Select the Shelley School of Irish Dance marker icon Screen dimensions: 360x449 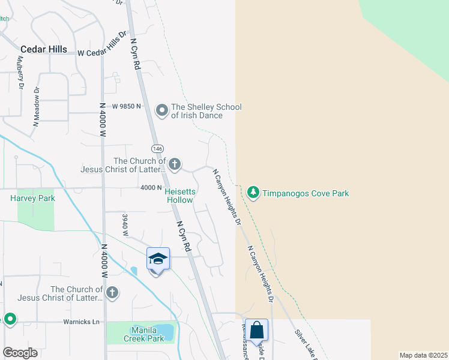pos(161,110)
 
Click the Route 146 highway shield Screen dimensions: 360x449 pos(157,148)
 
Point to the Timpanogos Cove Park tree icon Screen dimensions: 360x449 pos(253,193)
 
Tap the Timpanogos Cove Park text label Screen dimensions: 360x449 pos(306,193)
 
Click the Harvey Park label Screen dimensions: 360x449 pos(32,198)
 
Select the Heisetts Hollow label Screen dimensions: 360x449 pos(179,196)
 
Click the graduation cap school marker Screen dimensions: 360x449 pos(157,259)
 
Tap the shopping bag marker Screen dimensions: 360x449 pos(257,330)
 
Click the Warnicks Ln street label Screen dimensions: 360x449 pos(81,322)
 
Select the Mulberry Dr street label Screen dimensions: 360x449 pos(21,73)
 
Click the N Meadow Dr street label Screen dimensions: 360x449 pos(36,107)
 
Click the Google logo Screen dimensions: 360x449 pos(20,353)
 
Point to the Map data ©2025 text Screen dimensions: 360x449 pos(423,355)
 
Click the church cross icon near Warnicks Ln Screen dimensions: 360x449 pos(112,292)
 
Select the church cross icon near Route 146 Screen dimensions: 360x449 pos(175,164)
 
